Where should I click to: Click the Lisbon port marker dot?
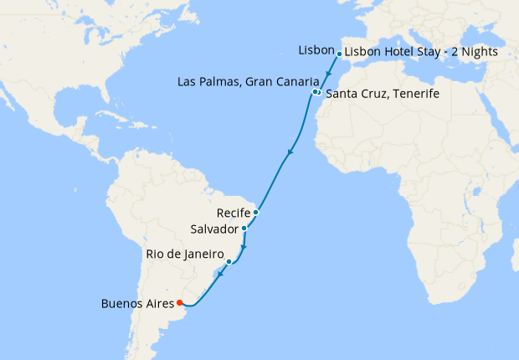pos(339,54)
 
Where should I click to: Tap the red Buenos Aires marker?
pos(180,302)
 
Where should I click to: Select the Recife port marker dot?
pos(256,213)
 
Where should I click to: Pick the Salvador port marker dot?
pos(244,229)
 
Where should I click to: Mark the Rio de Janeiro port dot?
pos(229,262)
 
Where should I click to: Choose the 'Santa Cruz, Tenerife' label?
pos(382,94)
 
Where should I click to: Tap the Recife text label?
pos(233,213)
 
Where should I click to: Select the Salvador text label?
pos(215,229)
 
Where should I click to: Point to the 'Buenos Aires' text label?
pos(137,303)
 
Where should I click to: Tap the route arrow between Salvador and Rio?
pos(243,248)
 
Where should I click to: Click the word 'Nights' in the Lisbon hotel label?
pos(480,52)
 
